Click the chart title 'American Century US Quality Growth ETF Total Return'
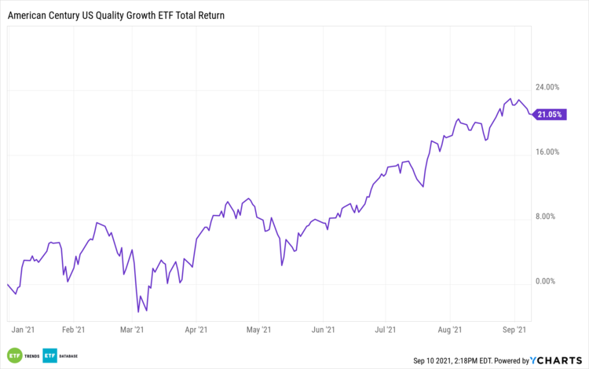115,14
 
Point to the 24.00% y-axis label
547,87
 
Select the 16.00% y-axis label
547,152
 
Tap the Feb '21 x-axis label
73,331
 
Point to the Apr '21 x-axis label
195,331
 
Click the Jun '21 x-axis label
324,331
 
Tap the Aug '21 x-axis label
450,331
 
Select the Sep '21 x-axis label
514,331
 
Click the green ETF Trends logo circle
13,355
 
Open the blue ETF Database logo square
50,355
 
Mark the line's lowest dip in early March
147,311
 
